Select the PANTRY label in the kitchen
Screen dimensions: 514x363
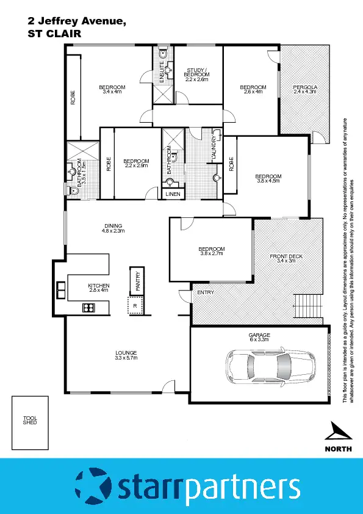pos(138,281)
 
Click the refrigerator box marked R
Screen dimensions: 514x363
pos(135,305)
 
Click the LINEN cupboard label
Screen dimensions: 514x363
pos(173,194)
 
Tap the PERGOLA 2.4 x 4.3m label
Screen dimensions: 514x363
pos(304,89)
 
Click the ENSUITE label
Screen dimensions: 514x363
pos(162,73)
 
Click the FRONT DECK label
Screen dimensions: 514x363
pos(286,258)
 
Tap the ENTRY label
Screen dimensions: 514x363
pos(205,293)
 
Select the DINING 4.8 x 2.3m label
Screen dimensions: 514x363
pos(112,228)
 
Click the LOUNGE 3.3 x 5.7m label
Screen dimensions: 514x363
pos(126,355)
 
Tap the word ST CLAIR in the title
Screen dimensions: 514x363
pos(54,34)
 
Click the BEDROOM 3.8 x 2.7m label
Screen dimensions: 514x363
pos(212,252)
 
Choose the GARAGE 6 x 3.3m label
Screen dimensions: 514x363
pos(259,338)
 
